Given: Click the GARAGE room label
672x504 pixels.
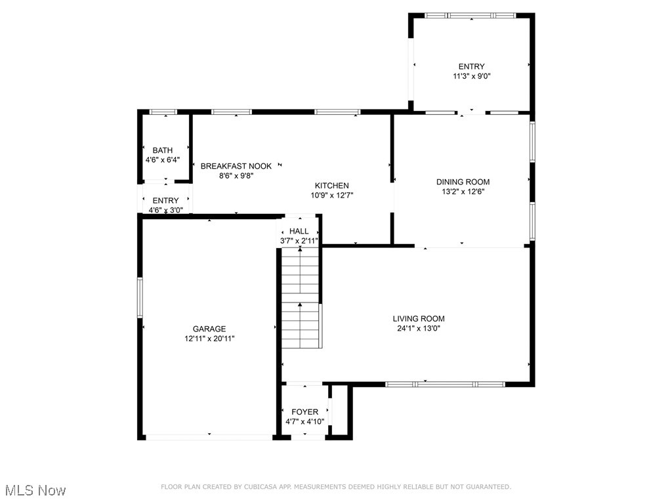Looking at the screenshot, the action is pyautogui.click(x=209, y=329).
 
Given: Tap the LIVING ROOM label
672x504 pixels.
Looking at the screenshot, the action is pyautogui.click(x=419, y=318).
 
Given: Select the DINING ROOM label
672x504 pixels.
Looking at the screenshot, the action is pyautogui.click(x=463, y=182).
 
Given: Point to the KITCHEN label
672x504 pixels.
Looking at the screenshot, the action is pyautogui.click(x=331, y=186).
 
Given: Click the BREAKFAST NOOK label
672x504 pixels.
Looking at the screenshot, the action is pyautogui.click(x=236, y=166).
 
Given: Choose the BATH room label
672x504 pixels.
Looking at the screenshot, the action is pyautogui.click(x=163, y=150).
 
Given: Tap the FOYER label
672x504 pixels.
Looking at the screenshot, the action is pyautogui.click(x=304, y=412).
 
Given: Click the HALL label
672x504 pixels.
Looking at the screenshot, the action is pyautogui.click(x=299, y=231).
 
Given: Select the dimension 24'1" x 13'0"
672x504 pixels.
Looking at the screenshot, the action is pyautogui.click(x=419, y=329).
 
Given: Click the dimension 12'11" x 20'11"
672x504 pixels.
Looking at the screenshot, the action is pyautogui.click(x=209, y=339).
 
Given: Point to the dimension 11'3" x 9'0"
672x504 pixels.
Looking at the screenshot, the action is pyautogui.click(x=471, y=76).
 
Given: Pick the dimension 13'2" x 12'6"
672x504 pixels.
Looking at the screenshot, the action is pyautogui.click(x=463, y=192).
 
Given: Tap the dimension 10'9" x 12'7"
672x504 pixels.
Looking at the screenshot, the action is pyautogui.click(x=332, y=196).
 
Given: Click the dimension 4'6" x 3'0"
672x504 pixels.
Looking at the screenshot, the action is pyautogui.click(x=166, y=210).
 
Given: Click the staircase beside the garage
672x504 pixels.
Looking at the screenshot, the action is pyautogui.click(x=300, y=298).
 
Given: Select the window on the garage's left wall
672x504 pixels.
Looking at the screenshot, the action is pyautogui.click(x=140, y=297).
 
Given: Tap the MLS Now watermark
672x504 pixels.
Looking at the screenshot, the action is pyautogui.click(x=35, y=490).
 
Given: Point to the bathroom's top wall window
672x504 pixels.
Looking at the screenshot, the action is pyautogui.click(x=163, y=112).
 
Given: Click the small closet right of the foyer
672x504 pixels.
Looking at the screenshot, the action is pyautogui.click(x=340, y=411).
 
